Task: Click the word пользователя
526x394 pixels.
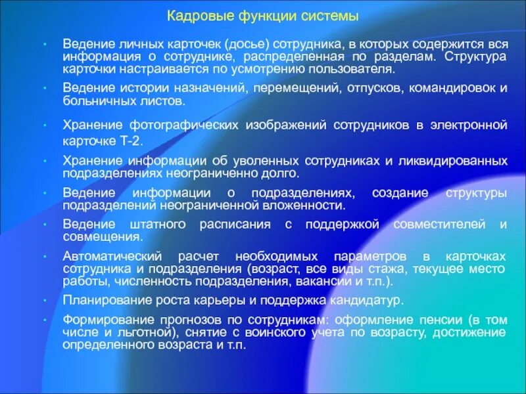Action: [x=356, y=68]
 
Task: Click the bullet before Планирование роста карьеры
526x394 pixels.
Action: [x=42, y=300]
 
